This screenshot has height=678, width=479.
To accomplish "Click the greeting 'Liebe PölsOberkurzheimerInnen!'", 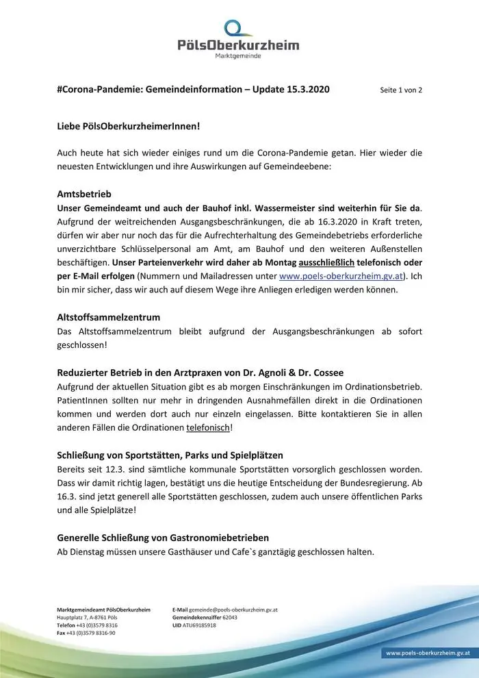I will click(x=129, y=127).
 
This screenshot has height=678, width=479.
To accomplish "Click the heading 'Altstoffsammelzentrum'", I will click(x=108, y=317).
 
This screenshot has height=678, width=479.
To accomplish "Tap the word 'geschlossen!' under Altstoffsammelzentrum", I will click(x=81, y=345).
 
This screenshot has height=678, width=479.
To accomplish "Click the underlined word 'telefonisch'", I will click(x=208, y=427).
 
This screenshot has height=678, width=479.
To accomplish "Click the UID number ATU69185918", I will click(x=200, y=625).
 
